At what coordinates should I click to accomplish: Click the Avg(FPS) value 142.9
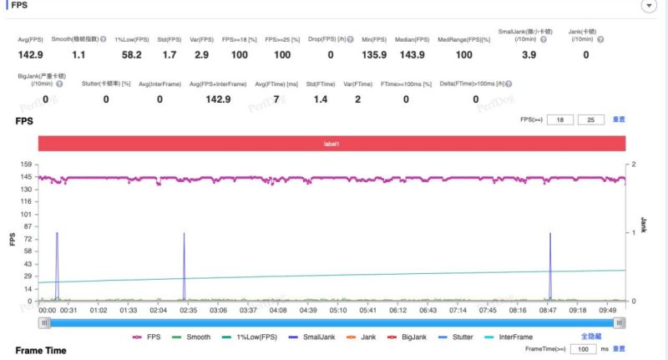(32, 54)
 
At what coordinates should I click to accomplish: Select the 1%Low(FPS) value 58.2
(131, 54)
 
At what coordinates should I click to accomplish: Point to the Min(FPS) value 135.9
(374, 54)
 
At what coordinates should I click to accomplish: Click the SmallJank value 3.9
(529, 54)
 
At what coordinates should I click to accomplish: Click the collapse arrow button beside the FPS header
(648, 6)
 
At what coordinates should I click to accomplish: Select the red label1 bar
(331, 144)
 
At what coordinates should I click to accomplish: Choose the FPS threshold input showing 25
(590, 120)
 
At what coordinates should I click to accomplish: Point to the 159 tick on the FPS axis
(27, 165)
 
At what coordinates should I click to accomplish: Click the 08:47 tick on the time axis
(547, 309)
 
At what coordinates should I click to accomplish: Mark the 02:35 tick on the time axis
(188, 309)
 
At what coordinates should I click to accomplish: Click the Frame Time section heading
(40, 350)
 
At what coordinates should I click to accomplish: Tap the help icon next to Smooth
(103, 39)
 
